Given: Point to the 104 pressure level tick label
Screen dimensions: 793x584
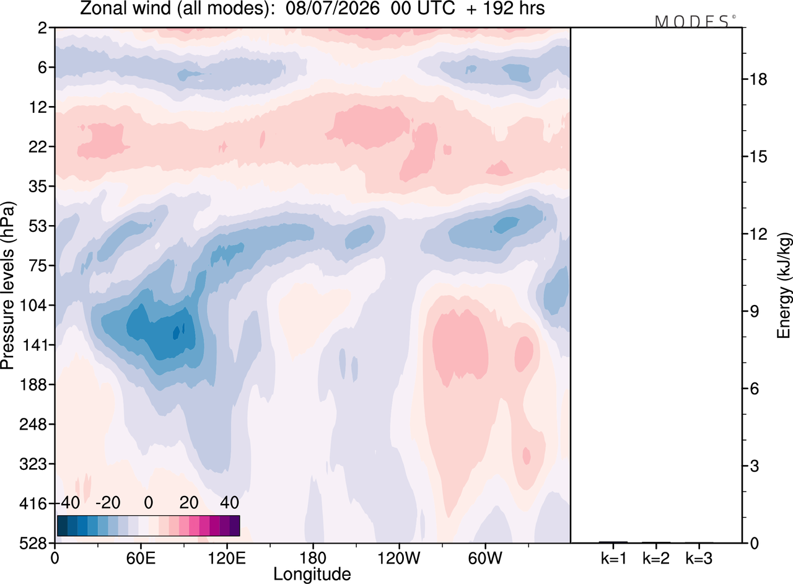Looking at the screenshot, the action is [33, 305].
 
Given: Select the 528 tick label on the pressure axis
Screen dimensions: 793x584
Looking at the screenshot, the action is [33, 543].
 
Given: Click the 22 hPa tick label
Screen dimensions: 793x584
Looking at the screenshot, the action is [38, 147].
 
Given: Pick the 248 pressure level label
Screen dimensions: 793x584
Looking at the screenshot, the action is [33, 424].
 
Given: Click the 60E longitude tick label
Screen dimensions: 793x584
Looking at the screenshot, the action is [141, 559].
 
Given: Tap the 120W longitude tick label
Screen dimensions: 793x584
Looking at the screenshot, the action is [398, 559].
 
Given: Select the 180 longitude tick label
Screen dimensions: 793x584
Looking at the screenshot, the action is [313, 559].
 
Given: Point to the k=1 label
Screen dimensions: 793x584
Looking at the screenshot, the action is [613, 559].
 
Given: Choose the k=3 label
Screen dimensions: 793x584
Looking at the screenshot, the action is [699, 559].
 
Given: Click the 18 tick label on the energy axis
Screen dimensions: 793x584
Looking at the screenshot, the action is [758, 79].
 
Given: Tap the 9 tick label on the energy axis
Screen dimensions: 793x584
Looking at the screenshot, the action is [754, 311].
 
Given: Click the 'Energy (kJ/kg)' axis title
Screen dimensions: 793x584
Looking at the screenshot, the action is [784, 286].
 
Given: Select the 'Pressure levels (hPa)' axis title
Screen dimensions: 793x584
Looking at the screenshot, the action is [7, 286].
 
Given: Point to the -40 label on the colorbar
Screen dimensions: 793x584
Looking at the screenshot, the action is [69, 503].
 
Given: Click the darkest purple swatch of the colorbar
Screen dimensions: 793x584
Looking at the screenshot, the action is [235, 526].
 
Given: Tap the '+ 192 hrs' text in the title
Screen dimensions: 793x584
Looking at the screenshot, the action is [506, 9].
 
